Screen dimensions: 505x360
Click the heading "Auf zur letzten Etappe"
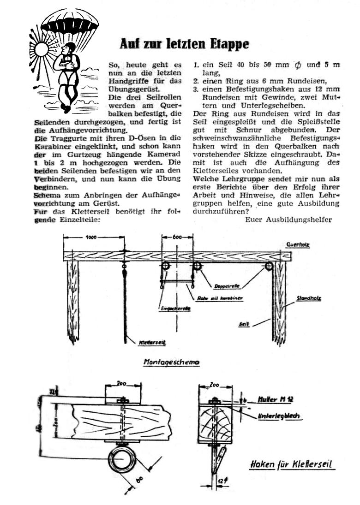coord(184,44)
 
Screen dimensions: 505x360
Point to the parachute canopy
coord(70,21)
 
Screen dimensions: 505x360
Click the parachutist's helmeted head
coord(70,48)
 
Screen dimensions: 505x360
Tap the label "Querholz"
coord(298,245)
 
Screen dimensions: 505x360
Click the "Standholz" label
coord(309,298)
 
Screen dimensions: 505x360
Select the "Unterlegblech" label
coord(280,416)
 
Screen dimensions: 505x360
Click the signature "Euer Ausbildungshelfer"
coord(288,220)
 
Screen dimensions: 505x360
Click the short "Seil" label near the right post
coord(245,325)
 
